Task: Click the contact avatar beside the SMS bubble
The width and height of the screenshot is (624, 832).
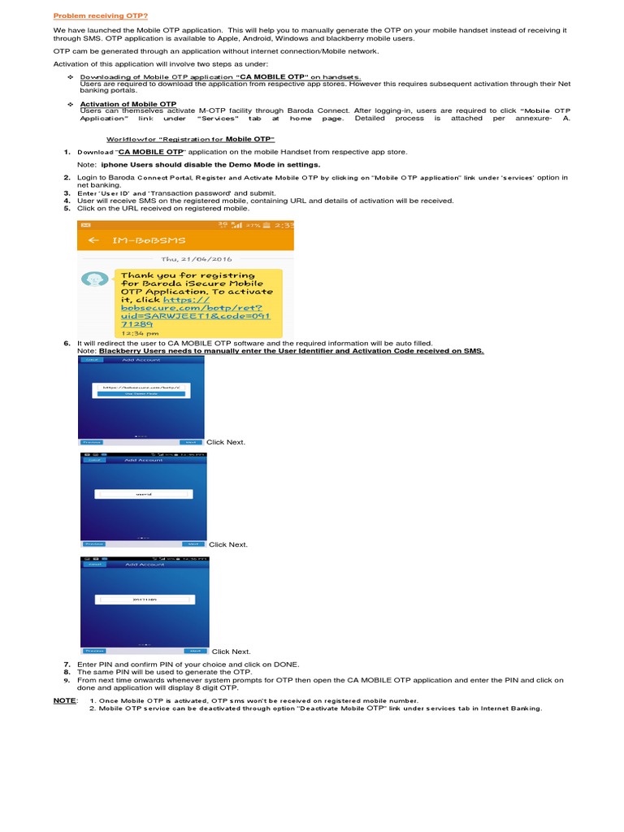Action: (96, 279)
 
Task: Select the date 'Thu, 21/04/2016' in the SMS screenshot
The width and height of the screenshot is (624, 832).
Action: (184, 259)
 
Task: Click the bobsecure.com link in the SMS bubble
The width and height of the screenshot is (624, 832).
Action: (195, 310)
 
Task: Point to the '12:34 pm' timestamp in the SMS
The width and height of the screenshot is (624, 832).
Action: (135, 333)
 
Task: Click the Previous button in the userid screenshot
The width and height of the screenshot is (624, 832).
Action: (94, 544)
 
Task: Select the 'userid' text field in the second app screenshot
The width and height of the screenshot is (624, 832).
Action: (143, 493)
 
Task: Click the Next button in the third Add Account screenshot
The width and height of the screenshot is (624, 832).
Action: (194, 651)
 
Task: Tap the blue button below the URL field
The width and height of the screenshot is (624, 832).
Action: (141, 394)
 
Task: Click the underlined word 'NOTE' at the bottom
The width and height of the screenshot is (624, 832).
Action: (64, 700)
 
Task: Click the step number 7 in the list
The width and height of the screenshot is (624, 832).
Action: (67, 665)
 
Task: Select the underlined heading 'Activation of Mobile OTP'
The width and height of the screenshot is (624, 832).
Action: (128, 105)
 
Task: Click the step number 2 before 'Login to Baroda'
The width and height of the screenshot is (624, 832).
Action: (67, 177)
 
